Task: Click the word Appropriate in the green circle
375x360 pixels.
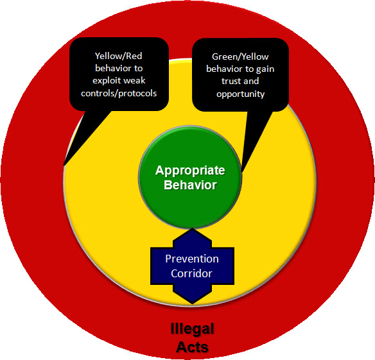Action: coord(190,171)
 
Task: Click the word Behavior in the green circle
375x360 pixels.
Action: coord(190,185)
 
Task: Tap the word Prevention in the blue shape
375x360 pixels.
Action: coord(192,259)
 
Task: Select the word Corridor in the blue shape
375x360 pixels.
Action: coord(191,273)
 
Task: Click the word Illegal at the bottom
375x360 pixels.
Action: coord(192,329)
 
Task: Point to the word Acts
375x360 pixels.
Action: coord(192,347)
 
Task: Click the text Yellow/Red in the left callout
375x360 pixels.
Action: coord(119,56)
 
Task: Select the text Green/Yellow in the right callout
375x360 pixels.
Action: coord(240,57)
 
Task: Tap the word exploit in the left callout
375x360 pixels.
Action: coord(106,81)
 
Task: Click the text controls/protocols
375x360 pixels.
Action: coord(119,94)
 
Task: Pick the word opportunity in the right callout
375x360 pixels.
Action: coord(241,94)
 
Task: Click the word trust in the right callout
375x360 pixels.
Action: coord(231,81)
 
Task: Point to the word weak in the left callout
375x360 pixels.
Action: coord(134,81)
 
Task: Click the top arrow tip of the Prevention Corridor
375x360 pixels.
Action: coord(193,228)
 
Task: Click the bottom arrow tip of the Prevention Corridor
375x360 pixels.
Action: coord(193,304)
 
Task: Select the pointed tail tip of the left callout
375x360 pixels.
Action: coord(64,165)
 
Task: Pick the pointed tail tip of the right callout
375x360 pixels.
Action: coord(242,171)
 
